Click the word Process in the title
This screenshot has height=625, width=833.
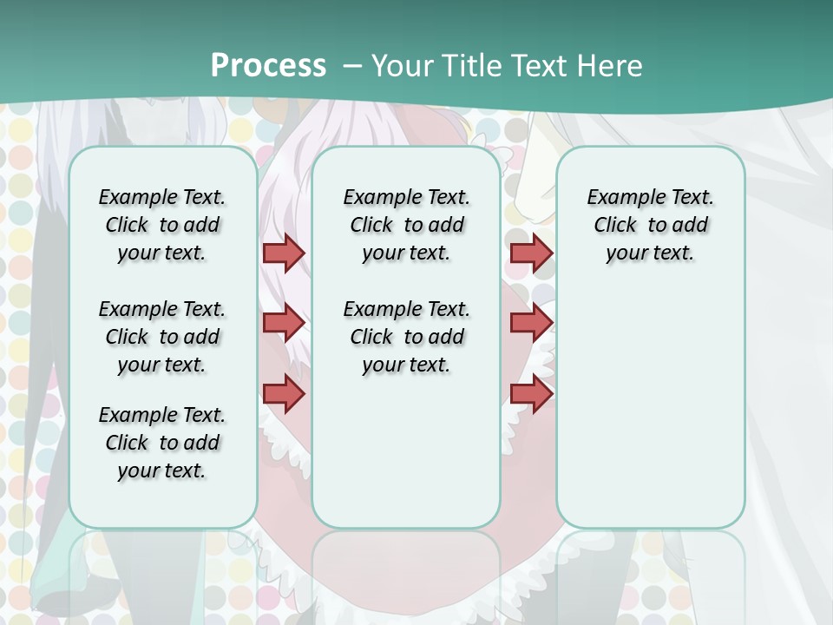pos(268,66)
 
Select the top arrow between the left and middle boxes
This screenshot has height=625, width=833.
pos(284,253)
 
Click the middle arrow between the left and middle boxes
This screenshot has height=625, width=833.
pos(284,323)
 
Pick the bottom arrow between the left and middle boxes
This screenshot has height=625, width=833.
pos(284,393)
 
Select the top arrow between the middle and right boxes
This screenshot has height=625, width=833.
pos(531,253)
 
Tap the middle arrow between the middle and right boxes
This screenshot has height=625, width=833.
pos(531,323)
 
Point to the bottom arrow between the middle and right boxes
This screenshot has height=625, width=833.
pos(531,393)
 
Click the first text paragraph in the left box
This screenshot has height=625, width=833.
pos(162,225)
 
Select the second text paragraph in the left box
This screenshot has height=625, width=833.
pos(162,337)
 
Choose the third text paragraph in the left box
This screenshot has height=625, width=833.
pos(162,443)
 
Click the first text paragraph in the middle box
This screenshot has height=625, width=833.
pos(407,225)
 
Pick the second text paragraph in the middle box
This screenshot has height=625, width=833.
pos(407,337)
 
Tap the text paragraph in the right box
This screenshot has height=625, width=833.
pos(651,225)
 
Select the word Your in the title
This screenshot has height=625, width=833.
pos(401,66)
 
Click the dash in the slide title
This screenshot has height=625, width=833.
pos(352,66)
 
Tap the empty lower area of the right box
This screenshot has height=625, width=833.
pos(651,408)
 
